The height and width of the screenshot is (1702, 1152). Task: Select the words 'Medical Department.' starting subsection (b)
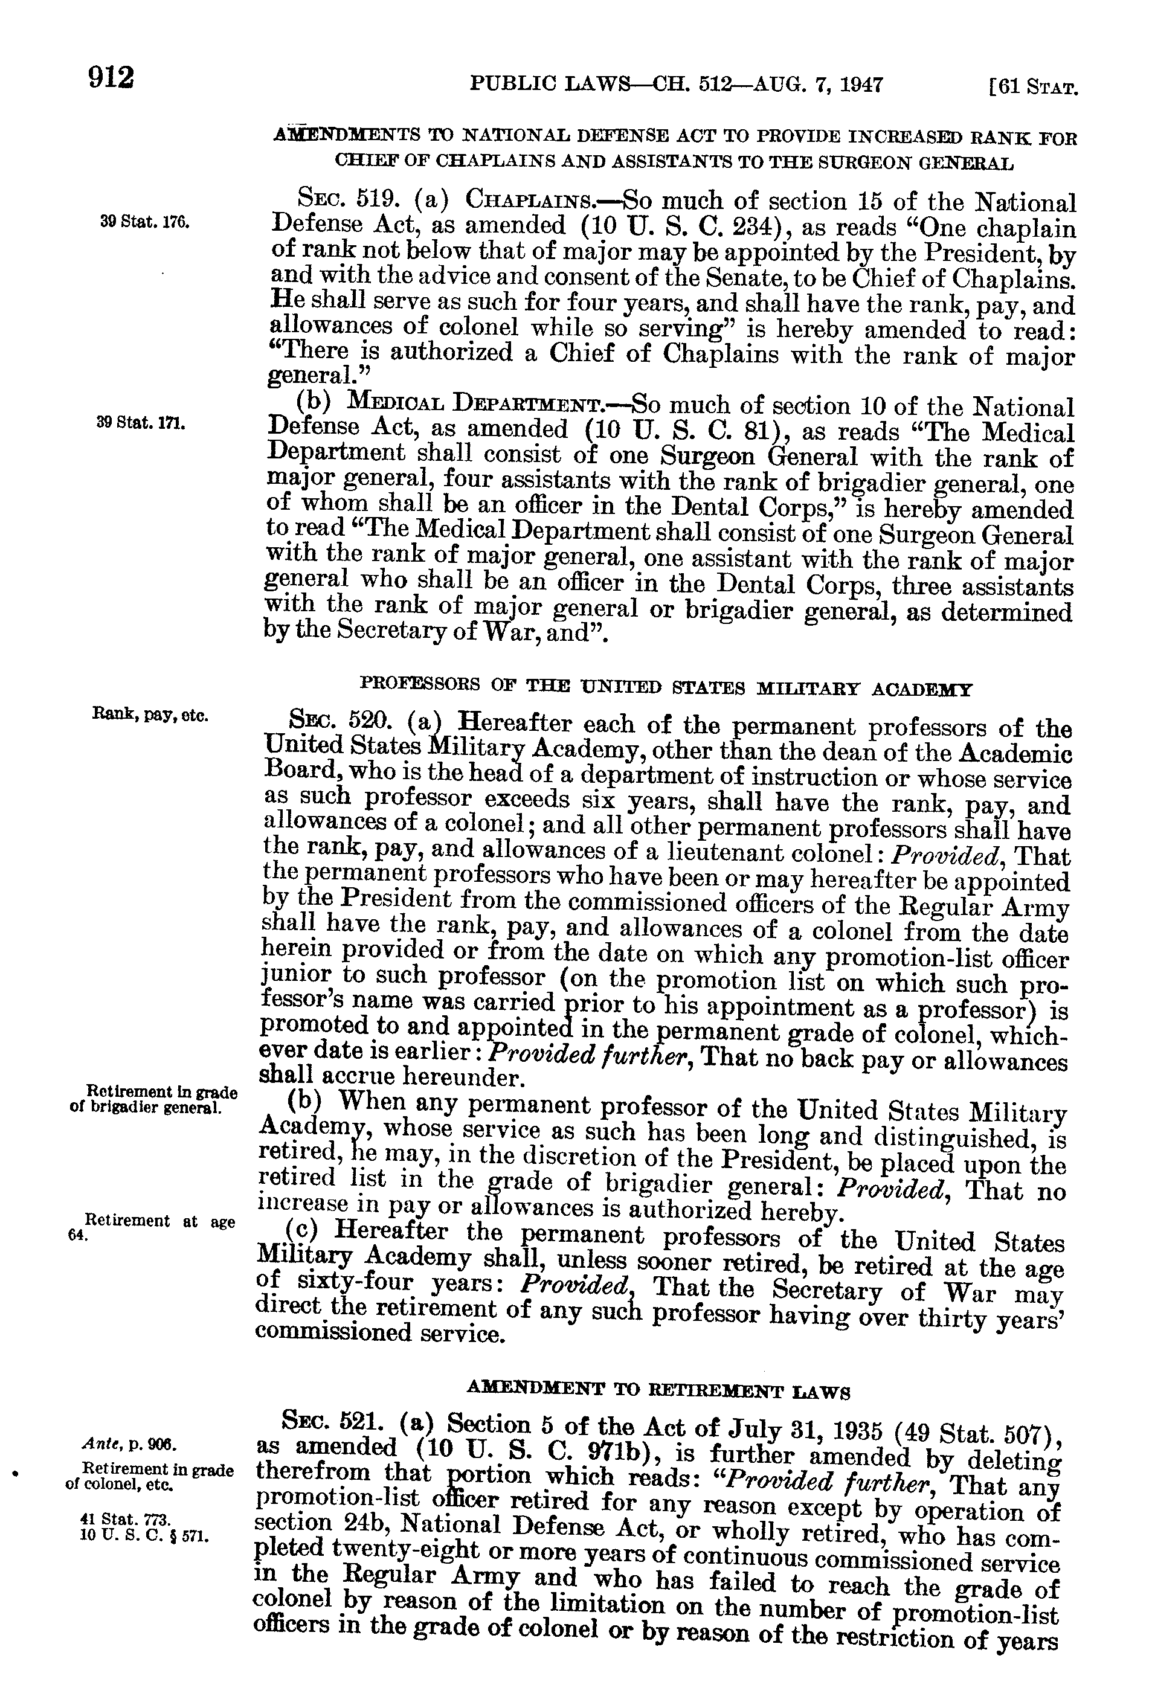[483, 403]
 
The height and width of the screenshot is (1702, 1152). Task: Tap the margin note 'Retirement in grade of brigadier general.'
[154, 1099]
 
